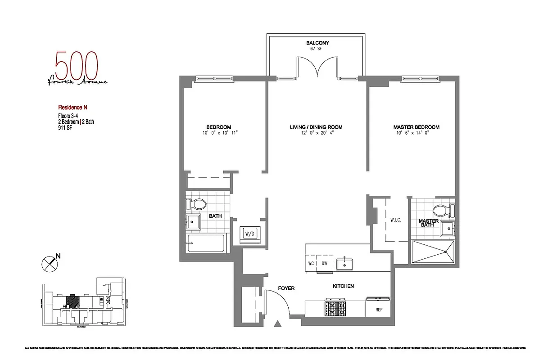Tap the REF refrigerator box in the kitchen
pyautogui.click(x=379, y=309)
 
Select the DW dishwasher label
pyautogui.click(x=325, y=263)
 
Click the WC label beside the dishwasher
pyautogui.click(x=311, y=263)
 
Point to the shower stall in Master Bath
pyautogui.click(x=433, y=252)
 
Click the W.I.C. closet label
pyautogui.click(x=396, y=220)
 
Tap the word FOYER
pyautogui.click(x=286, y=288)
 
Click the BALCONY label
pyautogui.click(x=317, y=43)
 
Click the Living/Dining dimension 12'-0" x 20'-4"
pyautogui.click(x=316, y=133)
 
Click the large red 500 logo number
pyautogui.click(x=76, y=66)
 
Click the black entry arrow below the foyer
pyautogui.click(x=277, y=324)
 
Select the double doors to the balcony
pyautogui.click(x=317, y=67)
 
